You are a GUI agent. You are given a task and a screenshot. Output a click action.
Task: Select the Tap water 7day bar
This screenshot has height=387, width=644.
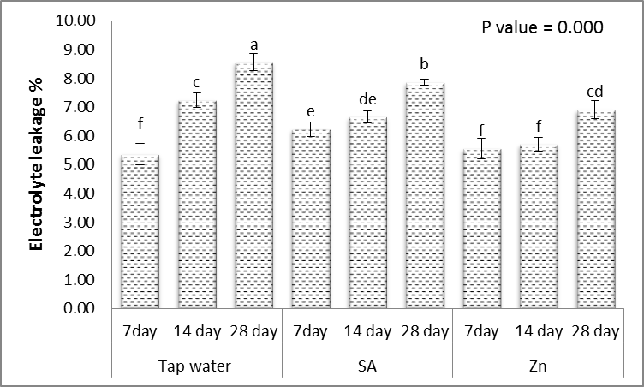click(x=140, y=232)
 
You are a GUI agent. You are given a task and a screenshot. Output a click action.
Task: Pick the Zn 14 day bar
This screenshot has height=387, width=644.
click(x=536, y=227)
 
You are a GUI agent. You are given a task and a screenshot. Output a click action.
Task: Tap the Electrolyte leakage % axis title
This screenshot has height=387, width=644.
click(x=37, y=164)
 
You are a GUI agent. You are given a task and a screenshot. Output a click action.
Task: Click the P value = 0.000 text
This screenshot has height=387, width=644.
click(x=541, y=27)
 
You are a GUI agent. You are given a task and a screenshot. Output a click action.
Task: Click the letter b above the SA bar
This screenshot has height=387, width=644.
click(x=423, y=64)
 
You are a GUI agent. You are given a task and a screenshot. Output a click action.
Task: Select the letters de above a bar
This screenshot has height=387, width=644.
click(x=367, y=98)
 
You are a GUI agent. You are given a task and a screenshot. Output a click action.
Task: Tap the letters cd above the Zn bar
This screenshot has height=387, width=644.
click(x=593, y=88)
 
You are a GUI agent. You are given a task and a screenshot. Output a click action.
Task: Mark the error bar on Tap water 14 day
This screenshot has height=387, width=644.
click(x=197, y=100)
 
